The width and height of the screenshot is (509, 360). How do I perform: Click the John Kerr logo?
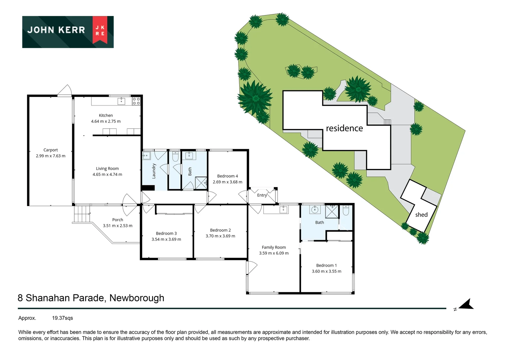coord(68,32)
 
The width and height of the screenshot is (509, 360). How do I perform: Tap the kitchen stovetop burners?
coord(136,101)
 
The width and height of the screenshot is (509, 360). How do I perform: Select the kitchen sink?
coord(121,101)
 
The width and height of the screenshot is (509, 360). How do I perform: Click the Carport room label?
coord(50,150)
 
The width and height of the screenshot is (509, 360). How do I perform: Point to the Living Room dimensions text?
coord(107,174)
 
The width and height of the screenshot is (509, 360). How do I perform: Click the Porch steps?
coord(81,214)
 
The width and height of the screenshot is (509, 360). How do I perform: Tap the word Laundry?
coord(154,171)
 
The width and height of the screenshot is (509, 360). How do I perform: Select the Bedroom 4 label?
coord(228,176)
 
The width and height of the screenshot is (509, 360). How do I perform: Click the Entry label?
coord(262,195)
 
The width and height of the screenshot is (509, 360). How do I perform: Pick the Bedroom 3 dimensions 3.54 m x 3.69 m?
coord(166,239)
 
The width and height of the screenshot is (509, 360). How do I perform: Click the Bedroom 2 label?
coord(221,230)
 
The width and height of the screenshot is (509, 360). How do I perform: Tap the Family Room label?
coord(274,247)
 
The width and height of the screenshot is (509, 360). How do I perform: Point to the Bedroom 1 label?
coord(326,265)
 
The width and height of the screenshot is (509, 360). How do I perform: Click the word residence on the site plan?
coord(344,128)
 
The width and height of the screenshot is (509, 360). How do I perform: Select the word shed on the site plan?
coord(421,215)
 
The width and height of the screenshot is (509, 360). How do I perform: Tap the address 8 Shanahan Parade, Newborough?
coord(91,298)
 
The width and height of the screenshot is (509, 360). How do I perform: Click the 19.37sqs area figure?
coord(63,318)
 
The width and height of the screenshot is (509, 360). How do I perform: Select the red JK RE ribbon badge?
coord(100,30)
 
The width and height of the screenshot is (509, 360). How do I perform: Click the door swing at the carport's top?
coord(65,90)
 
